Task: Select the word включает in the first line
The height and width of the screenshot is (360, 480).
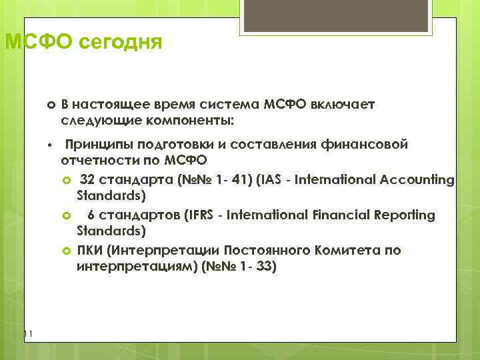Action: tap(344, 105)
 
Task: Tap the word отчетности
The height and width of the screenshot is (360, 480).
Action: tap(104, 161)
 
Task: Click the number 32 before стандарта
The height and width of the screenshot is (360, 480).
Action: tap(88, 179)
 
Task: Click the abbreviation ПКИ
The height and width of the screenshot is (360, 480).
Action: tap(89, 250)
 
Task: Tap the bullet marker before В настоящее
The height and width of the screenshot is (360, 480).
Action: tap(50, 105)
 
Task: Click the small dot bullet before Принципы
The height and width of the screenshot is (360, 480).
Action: tap(49, 145)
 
